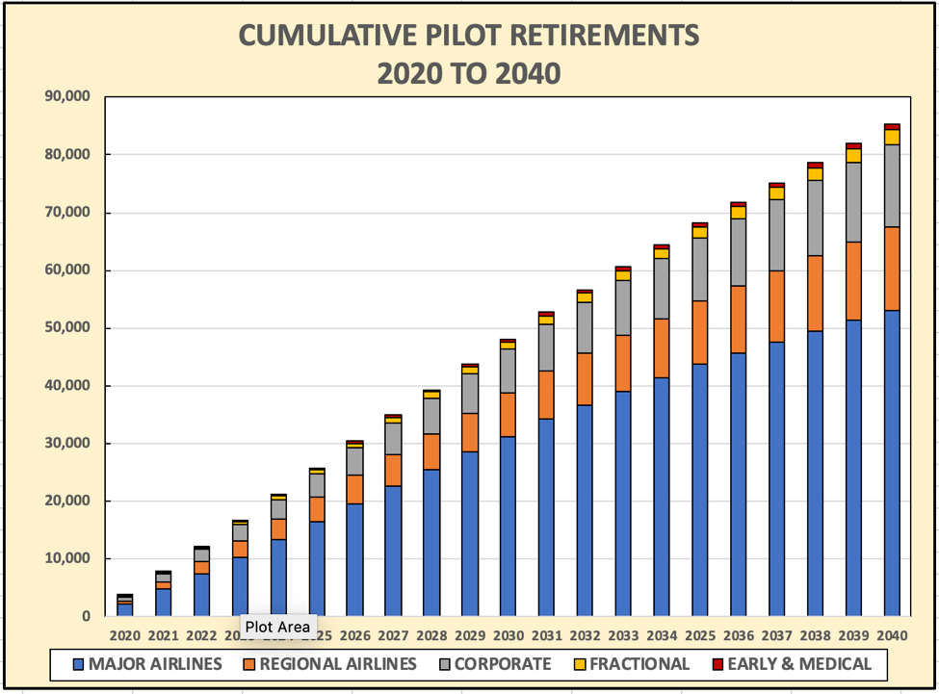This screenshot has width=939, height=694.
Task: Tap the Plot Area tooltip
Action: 277,627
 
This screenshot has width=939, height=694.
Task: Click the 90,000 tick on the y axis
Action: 63,96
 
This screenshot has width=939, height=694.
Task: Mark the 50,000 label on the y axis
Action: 63,327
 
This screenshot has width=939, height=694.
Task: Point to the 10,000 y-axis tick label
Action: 63,558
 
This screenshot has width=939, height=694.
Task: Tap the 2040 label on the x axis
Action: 892,635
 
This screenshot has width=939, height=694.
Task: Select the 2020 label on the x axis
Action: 125,635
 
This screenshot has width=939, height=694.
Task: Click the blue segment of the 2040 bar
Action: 892,462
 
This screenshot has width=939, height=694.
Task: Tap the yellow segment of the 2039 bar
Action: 853,155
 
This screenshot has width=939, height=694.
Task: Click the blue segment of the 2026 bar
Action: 355,559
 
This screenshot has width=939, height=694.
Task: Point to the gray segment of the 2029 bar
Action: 470,393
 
